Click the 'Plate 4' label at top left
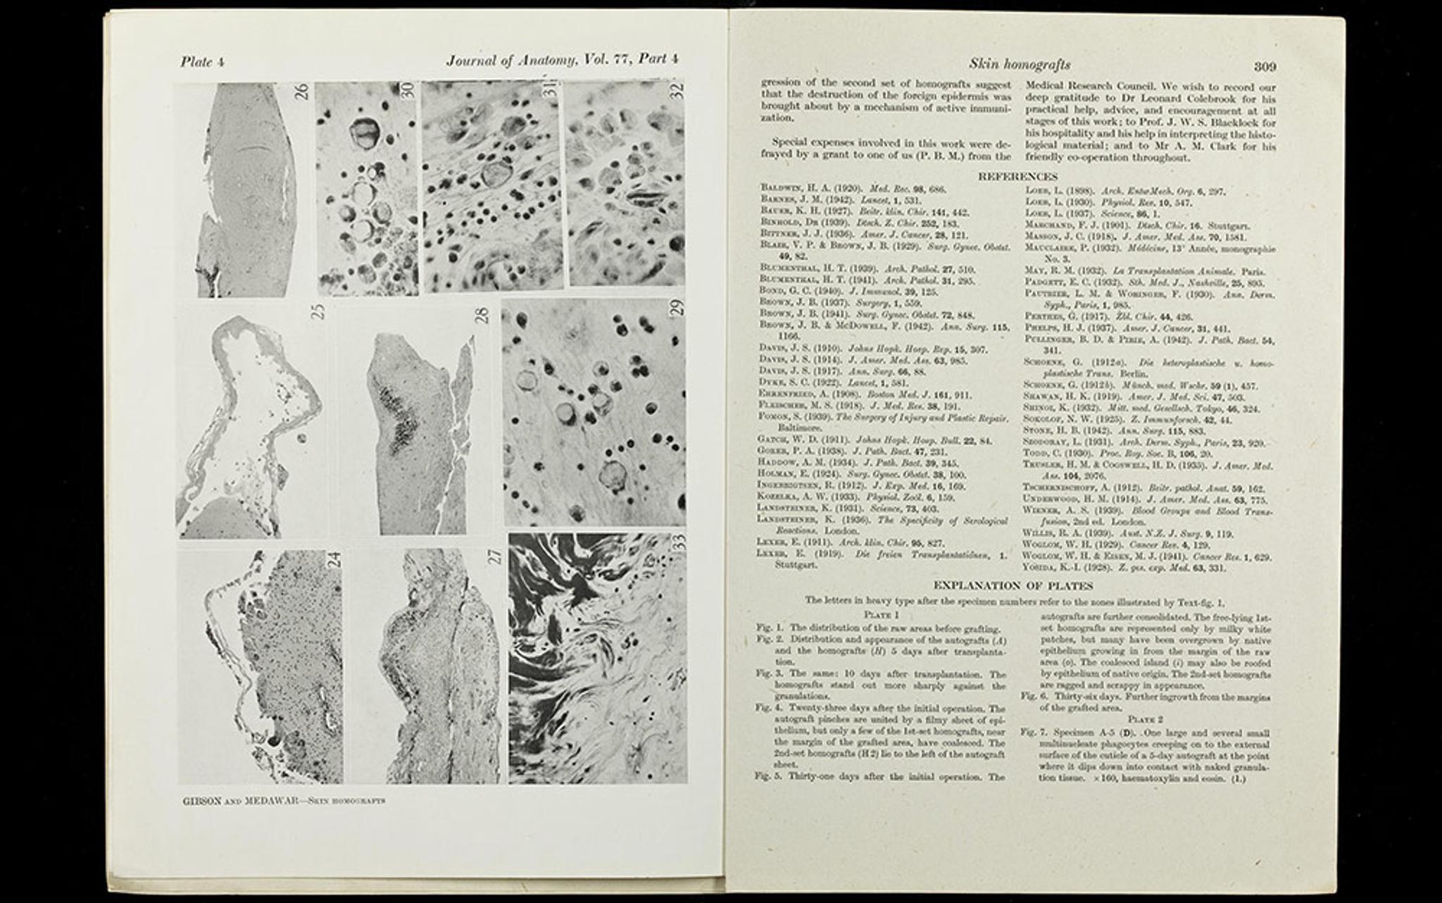(202, 62)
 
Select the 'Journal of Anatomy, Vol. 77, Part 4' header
(562, 61)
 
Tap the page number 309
(1265, 67)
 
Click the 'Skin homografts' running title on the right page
(1020, 65)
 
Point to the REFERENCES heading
(1017, 177)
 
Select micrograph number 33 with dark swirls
(597, 659)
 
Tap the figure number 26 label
(302, 92)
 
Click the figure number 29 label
(677, 307)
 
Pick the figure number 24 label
(334, 559)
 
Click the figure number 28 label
(482, 314)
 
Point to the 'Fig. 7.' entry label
(1030, 733)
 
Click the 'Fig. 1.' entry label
(770, 628)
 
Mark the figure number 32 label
(677, 92)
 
